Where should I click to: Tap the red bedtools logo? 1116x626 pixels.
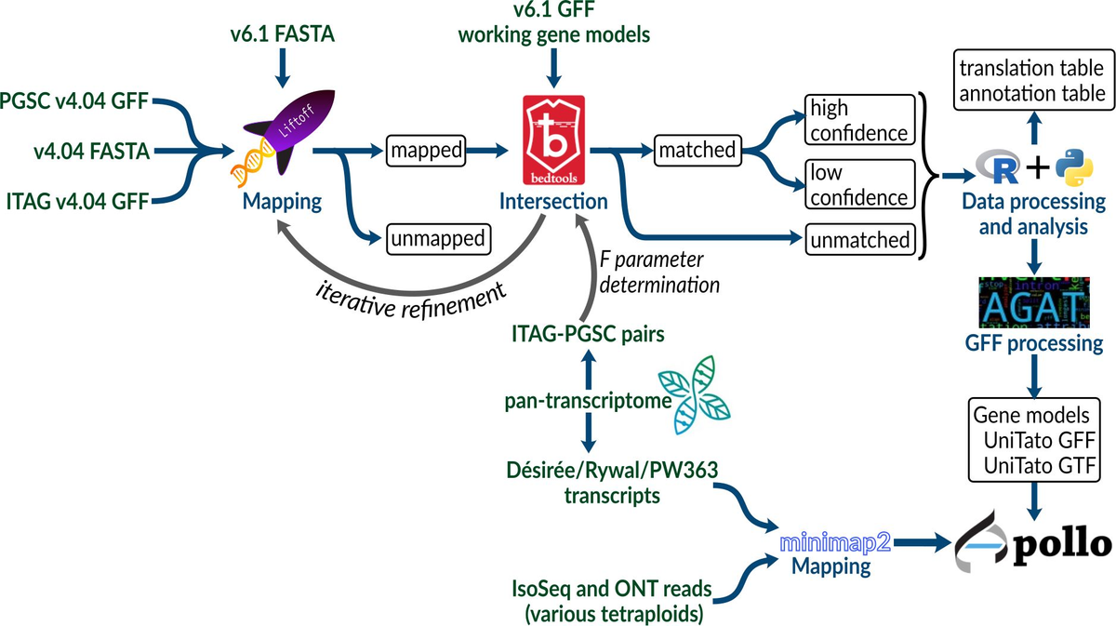(x=554, y=140)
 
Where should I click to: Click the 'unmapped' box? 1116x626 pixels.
(x=437, y=239)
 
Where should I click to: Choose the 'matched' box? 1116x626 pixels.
(x=696, y=149)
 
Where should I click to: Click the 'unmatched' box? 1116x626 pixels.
(x=858, y=240)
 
